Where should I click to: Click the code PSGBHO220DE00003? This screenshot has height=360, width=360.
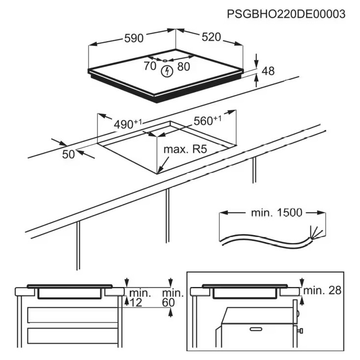[x=286, y=14]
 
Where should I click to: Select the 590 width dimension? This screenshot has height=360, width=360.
[x=134, y=38]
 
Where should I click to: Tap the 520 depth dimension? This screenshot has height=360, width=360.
[x=211, y=37]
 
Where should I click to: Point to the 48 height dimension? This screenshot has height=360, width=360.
[x=268, y=71]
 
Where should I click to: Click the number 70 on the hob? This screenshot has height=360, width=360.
[x=150, y=66]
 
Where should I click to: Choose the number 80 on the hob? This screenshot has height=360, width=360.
[x=184, y=67]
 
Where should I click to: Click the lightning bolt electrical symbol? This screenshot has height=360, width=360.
[x=167, y=72]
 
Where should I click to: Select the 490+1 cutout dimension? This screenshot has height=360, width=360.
[x=128, y=124]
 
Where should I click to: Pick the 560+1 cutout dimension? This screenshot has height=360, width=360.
[x=208, y=120]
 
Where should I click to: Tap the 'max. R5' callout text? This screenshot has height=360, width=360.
[x=185, y=149]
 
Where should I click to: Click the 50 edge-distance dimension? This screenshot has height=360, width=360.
[x=69, y=154]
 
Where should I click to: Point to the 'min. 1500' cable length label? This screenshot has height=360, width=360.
[x=276, y=213]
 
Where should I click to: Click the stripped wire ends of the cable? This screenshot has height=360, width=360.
[x=316, y=232]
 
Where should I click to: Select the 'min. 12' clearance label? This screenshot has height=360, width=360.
[x=140, y=298]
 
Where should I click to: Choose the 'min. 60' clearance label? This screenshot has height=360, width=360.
[x=172, y=298]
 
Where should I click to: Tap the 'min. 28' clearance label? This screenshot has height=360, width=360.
[x=322, y=290]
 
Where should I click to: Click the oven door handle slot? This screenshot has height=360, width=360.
[x=256, y=329]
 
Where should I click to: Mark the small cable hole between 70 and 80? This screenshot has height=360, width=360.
[x=165, y=61]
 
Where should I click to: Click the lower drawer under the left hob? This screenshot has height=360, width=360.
[x=73, y=336]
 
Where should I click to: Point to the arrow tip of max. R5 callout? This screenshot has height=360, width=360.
[x=158, y=173]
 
